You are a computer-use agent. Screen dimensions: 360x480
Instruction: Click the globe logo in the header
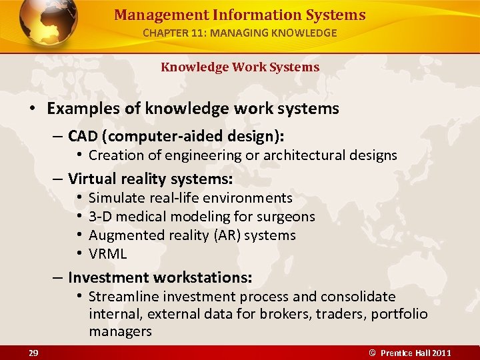point(49,23)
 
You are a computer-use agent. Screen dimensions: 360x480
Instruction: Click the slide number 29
point(33,352)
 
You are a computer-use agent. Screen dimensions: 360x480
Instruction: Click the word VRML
point(107,254)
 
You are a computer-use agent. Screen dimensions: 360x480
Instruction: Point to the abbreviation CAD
point(83,137)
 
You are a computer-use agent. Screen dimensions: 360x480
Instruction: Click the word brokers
point(289,314)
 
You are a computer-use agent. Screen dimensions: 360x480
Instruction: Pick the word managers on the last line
point(120,331)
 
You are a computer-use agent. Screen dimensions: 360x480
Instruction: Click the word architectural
point(298,155)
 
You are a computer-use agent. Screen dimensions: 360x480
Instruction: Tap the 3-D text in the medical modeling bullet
point(100,217)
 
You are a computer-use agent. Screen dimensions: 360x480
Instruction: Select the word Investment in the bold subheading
point(109,277)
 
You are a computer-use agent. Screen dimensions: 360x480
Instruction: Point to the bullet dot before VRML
point(78,254)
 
